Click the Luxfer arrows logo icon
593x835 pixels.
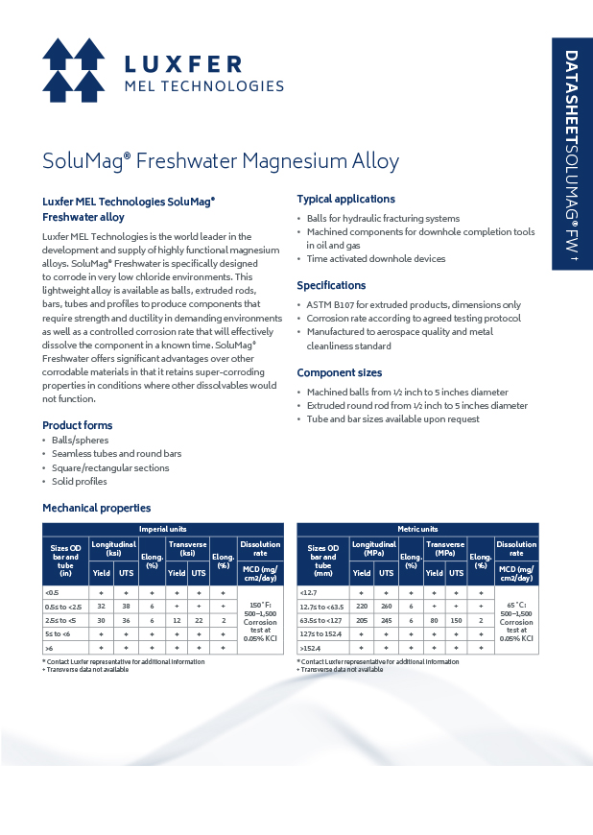(74, 71)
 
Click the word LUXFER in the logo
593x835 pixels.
(183, 63)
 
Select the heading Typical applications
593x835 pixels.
(345, 199)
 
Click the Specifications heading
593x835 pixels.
(331, 285)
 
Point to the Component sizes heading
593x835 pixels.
(339, 372)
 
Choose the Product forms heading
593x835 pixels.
(77, 425)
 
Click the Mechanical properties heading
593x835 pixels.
(96, 508)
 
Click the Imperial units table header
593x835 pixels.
(163, 529)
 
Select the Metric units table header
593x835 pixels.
(417, 529)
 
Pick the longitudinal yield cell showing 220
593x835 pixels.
(361, 607)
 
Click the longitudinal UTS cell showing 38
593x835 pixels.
(126, 607)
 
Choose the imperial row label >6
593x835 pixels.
(50, 649)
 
